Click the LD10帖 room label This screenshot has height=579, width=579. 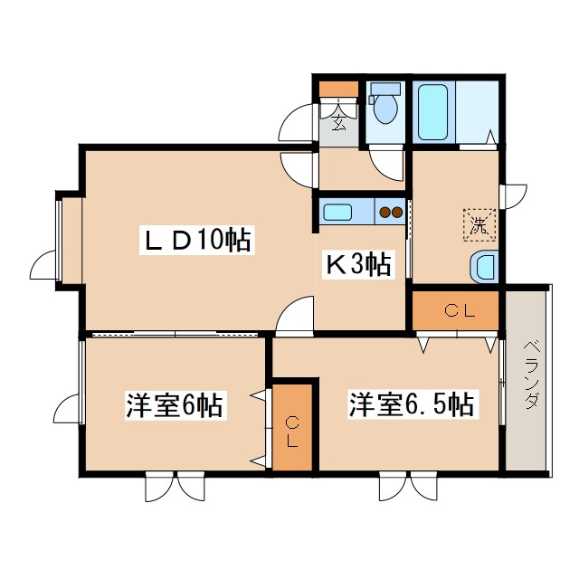coord(195,240)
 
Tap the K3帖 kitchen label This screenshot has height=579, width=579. coord(357,264)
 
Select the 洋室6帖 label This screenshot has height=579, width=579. coord(175,405)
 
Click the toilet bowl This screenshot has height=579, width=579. coord(385,109)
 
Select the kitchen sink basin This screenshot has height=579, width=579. coord(337,213)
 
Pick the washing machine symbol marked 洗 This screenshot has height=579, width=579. coord(479,225)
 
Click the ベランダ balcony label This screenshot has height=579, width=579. coord(531,375)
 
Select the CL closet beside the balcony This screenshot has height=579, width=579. coord(456,310)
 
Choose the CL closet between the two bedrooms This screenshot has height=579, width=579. coord(292,427)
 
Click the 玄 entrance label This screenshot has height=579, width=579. coord(338,122)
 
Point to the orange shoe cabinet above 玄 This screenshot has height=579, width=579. coord(338,89)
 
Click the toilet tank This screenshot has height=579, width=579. coord(385,89)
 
